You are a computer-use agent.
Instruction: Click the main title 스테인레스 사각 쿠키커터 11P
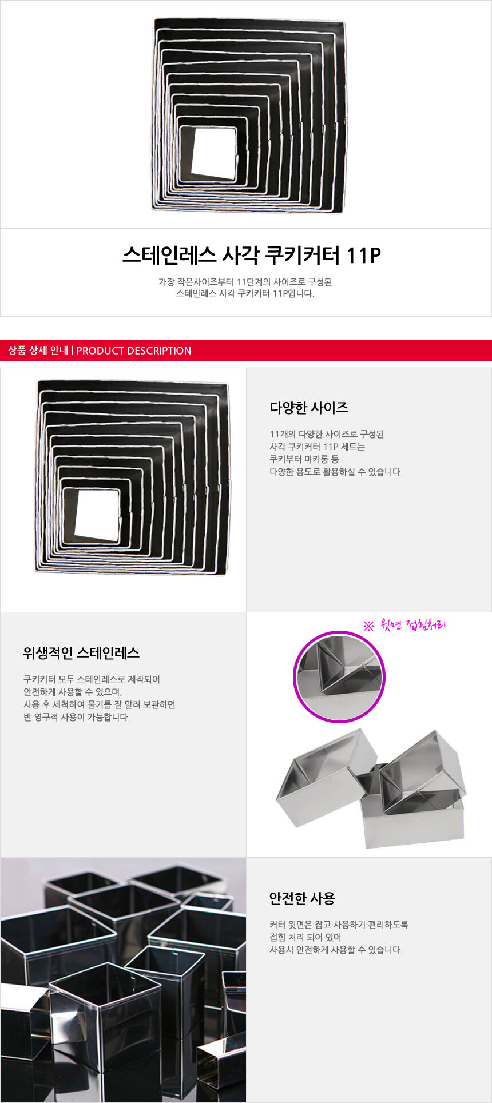tap(252, 255)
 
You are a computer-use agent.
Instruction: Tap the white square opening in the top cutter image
tap(213, 153)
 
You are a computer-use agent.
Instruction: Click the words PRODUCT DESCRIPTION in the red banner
tap(134, 351)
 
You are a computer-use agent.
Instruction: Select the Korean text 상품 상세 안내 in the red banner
tap(38, 351)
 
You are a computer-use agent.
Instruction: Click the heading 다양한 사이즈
tap(309, 408)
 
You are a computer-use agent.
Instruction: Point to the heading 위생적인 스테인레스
tap(81, 653)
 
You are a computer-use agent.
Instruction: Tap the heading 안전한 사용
tap(302, 898)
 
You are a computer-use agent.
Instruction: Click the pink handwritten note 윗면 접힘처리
tap(404, 625)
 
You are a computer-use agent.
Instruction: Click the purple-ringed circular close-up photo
tap(339, 677)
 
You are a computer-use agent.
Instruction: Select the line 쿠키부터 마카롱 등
tap(304, 459)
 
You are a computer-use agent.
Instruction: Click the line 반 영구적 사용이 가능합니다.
tap(77, 717)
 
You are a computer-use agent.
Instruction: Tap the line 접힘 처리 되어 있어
tap(305, 937)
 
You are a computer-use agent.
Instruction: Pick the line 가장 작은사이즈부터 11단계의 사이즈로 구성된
tap(245, 281)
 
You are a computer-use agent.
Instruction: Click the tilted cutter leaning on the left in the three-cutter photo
tap(326, 778)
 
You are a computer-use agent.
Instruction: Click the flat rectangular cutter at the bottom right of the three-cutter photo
tap(412, 819)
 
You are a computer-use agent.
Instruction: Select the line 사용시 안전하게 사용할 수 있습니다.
tap(336, 950)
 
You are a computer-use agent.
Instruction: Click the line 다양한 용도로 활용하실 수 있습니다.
tap(336, 472)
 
